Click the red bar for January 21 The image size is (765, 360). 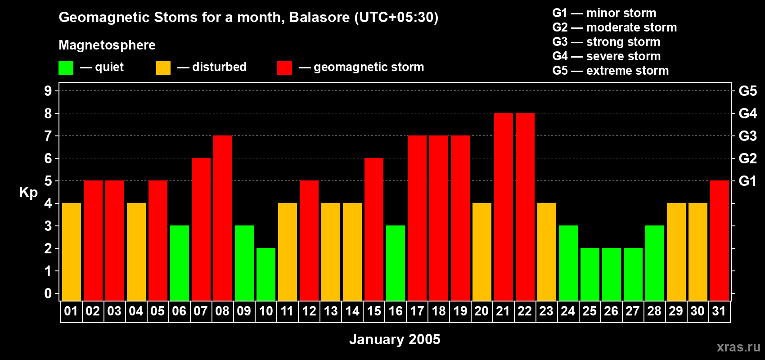503,207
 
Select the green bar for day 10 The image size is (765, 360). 266,274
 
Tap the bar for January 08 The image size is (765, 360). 223,218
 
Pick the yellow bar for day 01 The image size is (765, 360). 72,252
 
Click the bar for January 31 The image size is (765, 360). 719,241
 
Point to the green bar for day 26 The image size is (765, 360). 611,274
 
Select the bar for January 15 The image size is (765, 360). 374,229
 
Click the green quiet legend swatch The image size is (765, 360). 66,68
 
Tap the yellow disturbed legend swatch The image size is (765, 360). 163,68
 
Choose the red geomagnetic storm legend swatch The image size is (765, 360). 284,68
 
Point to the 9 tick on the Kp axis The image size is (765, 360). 48,91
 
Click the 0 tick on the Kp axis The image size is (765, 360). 48,294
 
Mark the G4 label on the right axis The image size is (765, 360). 747,113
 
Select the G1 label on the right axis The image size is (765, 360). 747,181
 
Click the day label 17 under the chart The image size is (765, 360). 417,311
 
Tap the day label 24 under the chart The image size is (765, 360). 568,311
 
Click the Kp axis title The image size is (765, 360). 28,193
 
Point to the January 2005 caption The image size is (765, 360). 395,339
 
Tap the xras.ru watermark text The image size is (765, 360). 738,346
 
